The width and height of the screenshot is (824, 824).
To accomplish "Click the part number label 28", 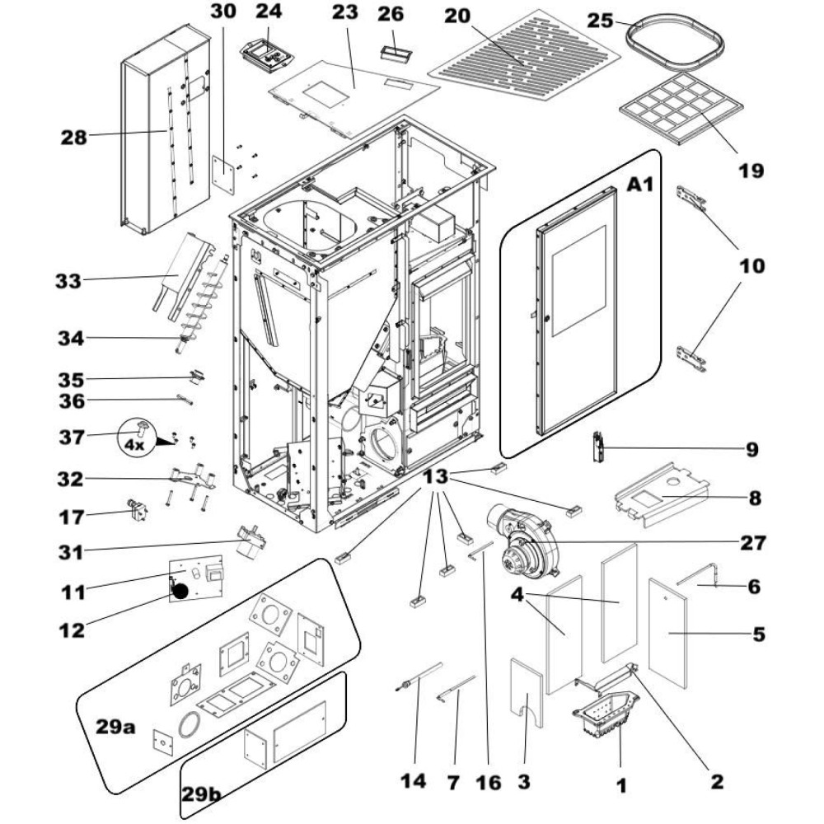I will [x=73, y=138].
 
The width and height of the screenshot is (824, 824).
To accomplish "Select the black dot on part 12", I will [x=181, y=590].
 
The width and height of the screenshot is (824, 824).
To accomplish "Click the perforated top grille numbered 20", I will [x=527, y=58].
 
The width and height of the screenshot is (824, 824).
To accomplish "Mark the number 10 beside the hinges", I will [x=751, y=266].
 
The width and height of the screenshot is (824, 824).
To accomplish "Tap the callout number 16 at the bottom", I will [x=489, y=780].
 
